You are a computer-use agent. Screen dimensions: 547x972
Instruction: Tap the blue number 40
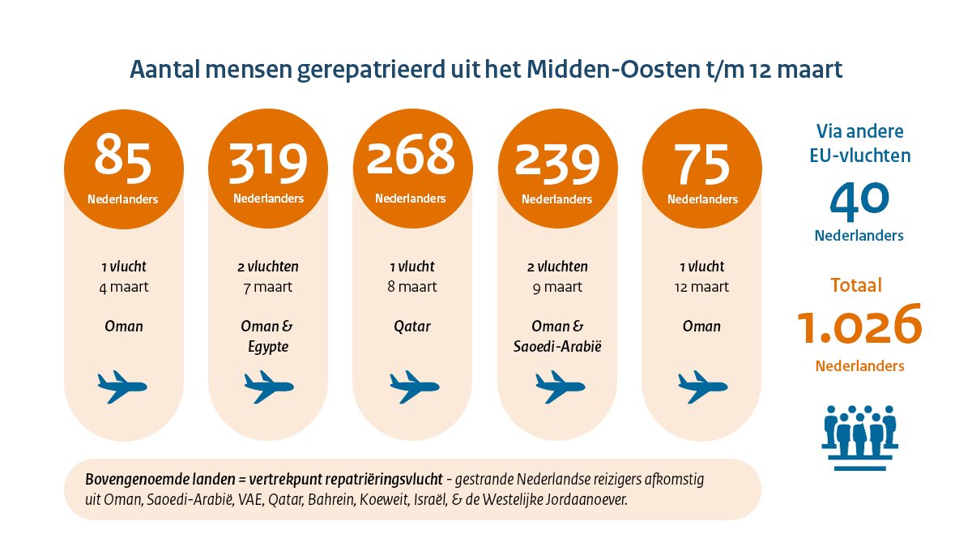859,199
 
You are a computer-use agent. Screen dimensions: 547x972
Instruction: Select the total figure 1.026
859,324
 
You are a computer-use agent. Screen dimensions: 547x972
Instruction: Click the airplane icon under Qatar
411,387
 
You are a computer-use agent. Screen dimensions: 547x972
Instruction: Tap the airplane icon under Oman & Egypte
267,387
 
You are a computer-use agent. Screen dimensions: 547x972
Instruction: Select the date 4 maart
124,287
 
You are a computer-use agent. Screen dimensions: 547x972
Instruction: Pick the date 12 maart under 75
701,287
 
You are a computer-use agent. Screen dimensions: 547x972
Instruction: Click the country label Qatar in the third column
411,327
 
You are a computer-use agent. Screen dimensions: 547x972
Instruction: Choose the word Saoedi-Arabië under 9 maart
556,346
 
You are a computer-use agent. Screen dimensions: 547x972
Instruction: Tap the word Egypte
267,346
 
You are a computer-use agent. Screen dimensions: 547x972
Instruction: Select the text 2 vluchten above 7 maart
267,267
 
